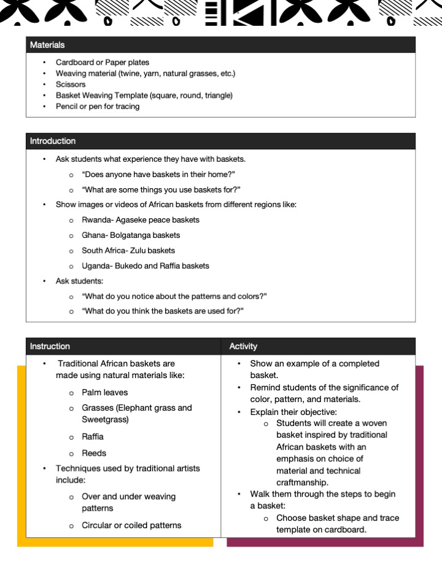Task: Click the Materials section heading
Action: point(47,45)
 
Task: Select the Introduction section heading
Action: point(53,141)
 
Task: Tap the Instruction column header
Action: point(50,346)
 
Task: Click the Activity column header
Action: point(243,346)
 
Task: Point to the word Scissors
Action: point(71,84)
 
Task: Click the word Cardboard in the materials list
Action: point(74,62)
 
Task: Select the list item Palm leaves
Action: point(105,392)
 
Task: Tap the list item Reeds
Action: point(94,453)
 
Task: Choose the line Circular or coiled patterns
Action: point(131,525)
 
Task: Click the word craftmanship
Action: point(303,483)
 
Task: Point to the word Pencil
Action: point(66,106)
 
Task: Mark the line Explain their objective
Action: point(293,411)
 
